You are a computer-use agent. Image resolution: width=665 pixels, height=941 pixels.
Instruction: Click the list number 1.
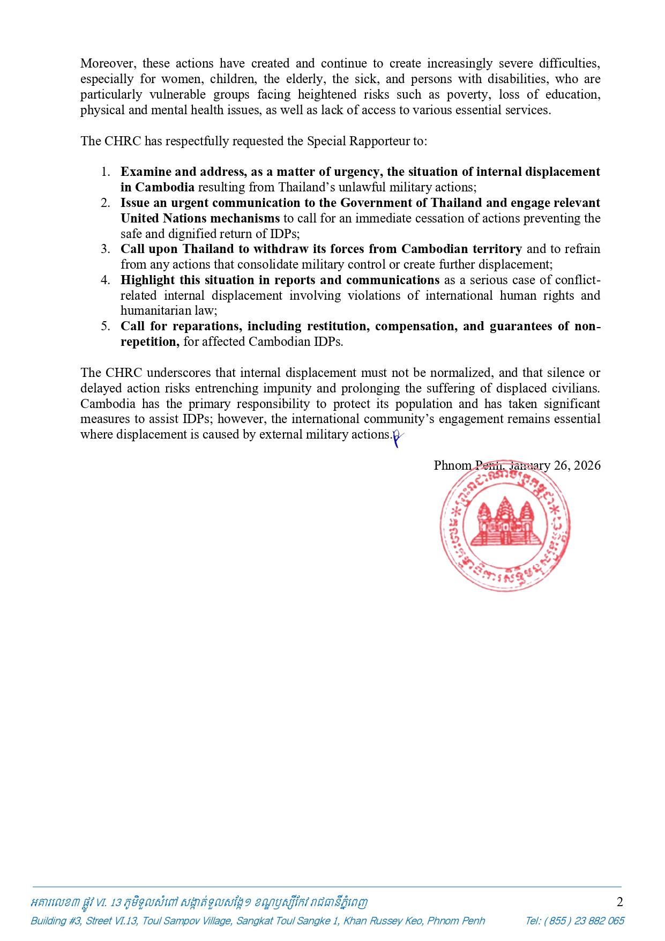(x=106, y=172)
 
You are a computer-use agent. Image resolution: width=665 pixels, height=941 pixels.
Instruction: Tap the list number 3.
(x=106, y=249)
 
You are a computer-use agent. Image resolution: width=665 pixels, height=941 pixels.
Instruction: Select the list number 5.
(x=106, y=326)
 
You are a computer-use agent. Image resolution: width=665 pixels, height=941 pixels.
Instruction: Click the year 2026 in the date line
(x=587, y=465)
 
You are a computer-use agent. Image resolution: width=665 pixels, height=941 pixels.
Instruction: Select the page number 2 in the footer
(x=620, y=901)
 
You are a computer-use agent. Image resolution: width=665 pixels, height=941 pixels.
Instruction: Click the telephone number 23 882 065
(x=596, y=921)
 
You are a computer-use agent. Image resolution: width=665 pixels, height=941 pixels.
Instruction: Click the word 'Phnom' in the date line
(x=452, y=465)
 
